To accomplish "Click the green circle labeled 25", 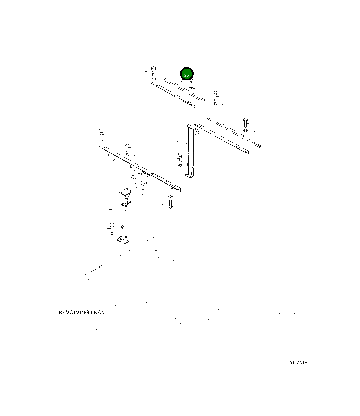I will [187, 75].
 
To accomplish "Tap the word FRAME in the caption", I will [101, 312].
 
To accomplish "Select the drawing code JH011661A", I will [296, 363].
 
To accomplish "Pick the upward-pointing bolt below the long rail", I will [170, 203].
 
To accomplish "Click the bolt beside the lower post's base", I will [111, 227].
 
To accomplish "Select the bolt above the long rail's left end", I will [101, 133].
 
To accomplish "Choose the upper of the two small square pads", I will [133, 178].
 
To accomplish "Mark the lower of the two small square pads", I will [143, 183].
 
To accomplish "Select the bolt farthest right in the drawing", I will [246, 122].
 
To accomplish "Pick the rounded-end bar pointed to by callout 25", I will [185, 90].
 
